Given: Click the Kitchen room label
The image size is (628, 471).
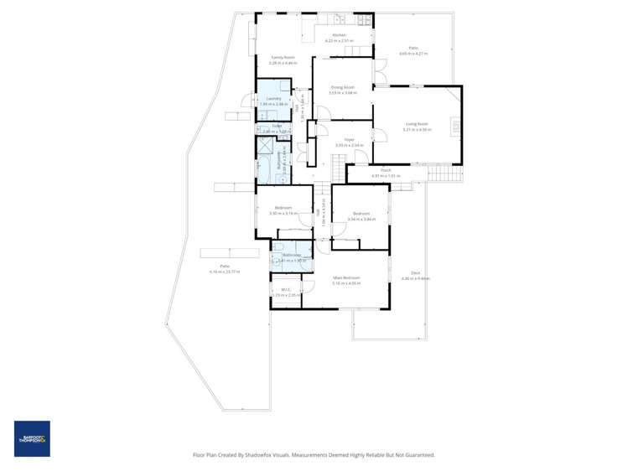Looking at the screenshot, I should [339, 35].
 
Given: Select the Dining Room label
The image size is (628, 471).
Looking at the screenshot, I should [342, 87].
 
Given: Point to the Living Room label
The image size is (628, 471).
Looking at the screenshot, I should [416, 124].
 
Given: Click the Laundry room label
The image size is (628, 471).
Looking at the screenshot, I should [272, 99].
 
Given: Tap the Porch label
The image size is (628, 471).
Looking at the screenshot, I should [386, 170].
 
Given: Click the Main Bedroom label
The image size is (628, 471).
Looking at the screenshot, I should [345, 277].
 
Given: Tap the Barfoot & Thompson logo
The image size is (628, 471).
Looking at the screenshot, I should [32, 438].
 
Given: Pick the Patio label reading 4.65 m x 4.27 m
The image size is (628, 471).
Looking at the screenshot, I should [413, 49].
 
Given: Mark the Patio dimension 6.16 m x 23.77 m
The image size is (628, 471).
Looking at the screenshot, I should [225, 272].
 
